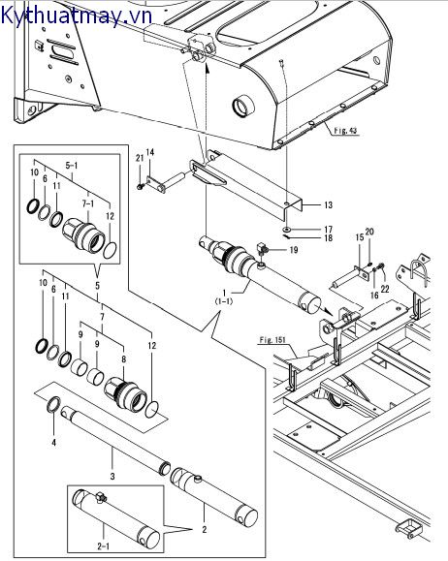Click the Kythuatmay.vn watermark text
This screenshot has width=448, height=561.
(x=77, y=16)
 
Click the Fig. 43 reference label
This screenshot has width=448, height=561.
(x=345, y=131)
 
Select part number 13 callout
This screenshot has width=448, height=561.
(x=328, y=205)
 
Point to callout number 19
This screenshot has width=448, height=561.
(x=293, y=250)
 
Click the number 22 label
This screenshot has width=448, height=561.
(x=385, y=289)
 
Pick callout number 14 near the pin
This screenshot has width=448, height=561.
(x=150, y=152)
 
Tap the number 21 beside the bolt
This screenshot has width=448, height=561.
(x=140, y=158)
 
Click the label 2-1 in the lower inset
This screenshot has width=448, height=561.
(x=103, y=545)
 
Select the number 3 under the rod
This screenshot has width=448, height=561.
(x=112, y=476)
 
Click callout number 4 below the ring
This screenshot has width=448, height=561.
(x=53, y=443)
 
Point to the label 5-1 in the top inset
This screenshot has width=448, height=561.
(x=72, y=166)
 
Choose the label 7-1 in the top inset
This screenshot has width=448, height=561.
(x=87, y=203)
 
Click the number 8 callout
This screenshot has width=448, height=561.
(x=123, y=359)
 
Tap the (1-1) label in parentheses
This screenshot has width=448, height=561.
(x=224, y=301)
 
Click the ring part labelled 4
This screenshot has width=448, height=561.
(x=53, y=404)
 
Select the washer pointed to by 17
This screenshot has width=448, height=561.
(x=287, y=229)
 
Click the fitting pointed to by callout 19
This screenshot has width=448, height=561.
(x=262, y=250)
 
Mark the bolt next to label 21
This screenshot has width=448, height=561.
(x=140, y=186)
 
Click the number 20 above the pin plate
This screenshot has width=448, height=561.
(x=369, y=232)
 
